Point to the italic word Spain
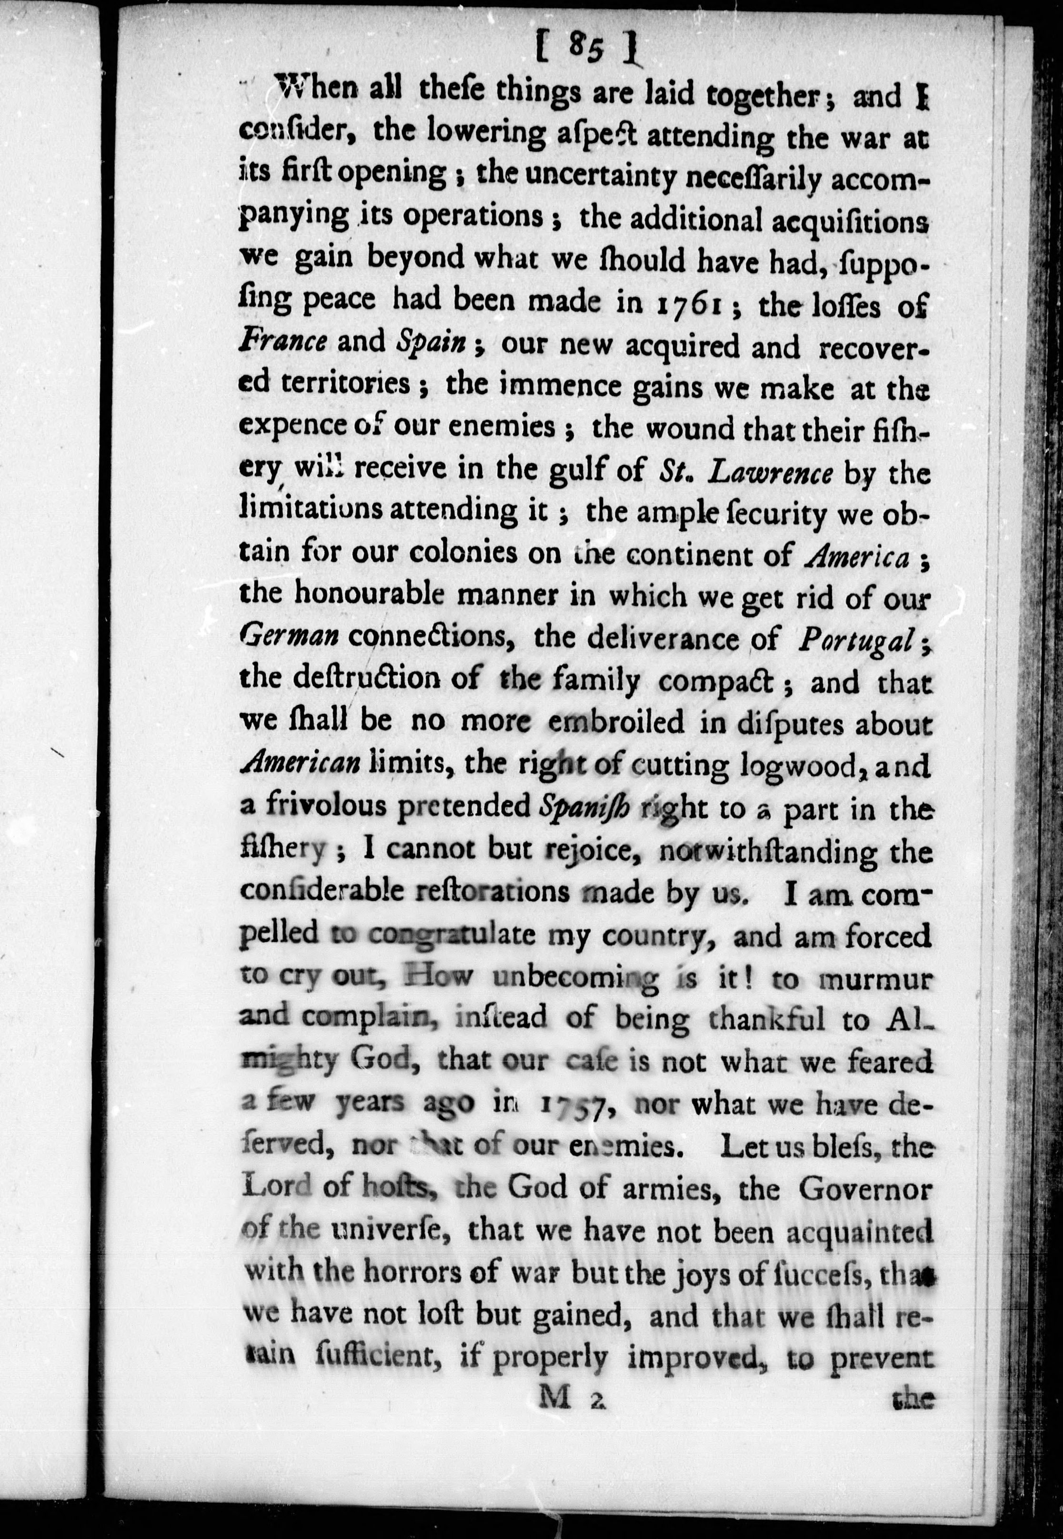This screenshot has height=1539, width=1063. (430, 342)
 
